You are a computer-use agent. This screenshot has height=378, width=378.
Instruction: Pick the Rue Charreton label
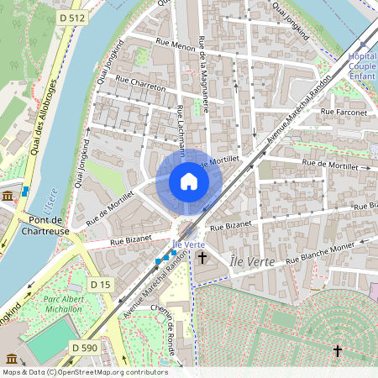click(x=140, y=87)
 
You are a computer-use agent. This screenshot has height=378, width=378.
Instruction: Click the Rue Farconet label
click(x=351, y=112)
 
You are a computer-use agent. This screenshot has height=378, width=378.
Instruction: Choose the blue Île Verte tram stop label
click(x=189, y=244)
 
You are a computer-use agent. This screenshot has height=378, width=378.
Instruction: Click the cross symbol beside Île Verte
click(x=202, y=258)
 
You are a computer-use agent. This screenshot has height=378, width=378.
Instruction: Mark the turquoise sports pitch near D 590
click(x=51, y=341)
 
